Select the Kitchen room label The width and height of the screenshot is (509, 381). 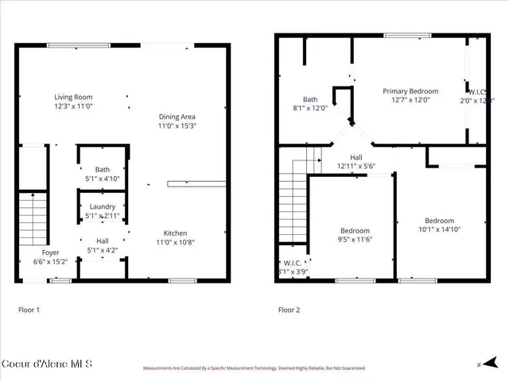point(176,233)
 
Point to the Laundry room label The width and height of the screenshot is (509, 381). point(103,207)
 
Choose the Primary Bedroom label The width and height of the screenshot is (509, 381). point(410,91)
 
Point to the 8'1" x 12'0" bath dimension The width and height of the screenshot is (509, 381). point(309,109)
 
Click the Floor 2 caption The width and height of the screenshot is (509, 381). point(288,310)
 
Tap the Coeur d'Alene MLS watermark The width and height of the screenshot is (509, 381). point(47,364)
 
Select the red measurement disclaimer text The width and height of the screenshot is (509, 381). point(254,368)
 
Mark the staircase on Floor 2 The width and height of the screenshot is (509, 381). point(293,198)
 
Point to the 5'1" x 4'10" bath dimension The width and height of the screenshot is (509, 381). point(103,179)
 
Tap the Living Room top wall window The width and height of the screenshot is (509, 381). point(68,45)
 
